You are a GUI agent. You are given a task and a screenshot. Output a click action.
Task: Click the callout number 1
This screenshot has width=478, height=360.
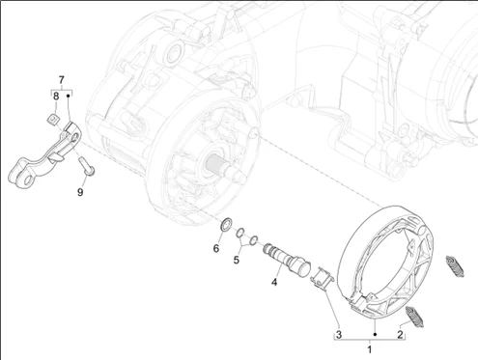[x=370, y=349]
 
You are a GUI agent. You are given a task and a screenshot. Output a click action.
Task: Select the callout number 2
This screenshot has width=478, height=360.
[x=400, y=334]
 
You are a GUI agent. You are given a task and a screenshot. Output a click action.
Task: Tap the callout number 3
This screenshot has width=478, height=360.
[x=339, y=335]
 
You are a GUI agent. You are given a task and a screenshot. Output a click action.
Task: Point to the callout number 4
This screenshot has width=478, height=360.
[x=274, y=282]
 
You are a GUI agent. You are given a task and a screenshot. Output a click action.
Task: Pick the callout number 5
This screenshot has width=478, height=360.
[x=237, y=260]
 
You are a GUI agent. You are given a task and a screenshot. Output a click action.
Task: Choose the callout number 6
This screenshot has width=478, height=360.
[x=216, y=248]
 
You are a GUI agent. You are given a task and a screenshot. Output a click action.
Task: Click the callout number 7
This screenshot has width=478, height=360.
[x=61, y=79]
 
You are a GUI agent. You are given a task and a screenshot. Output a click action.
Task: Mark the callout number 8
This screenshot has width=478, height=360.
[x=56, y=96]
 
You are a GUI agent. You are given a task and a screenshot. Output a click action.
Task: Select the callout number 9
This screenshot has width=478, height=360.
[x=80, y=192]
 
